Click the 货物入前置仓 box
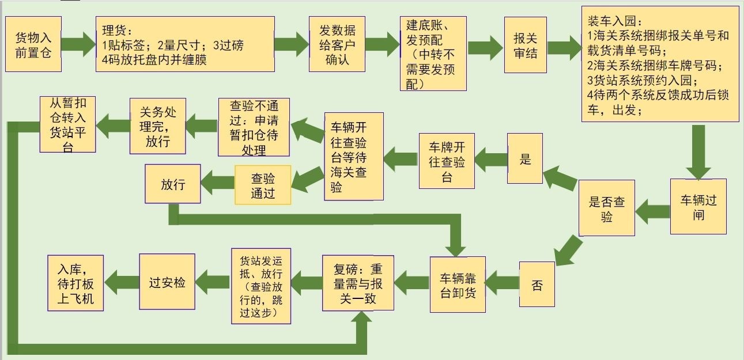[x=33, y=44]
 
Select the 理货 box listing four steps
[x=184, y=44]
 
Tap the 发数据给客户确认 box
[x=337, y=44]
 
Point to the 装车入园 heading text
[x=611, y=21]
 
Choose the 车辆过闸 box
[x=698, y=207]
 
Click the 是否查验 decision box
[x=606, y=209]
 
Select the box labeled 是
[x=525, y=158]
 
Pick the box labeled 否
[x=537, y=285]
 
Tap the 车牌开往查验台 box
[x=447, y=162]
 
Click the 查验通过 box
[x=263, y=185]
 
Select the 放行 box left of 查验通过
[x=172, y=184]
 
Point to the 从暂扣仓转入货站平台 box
[x=67, y=124]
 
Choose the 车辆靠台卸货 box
[x=458, y=285]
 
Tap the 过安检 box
[x=167, y=282]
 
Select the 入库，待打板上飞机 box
[x=75, y=282]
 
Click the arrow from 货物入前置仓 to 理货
[x=78, y=44]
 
